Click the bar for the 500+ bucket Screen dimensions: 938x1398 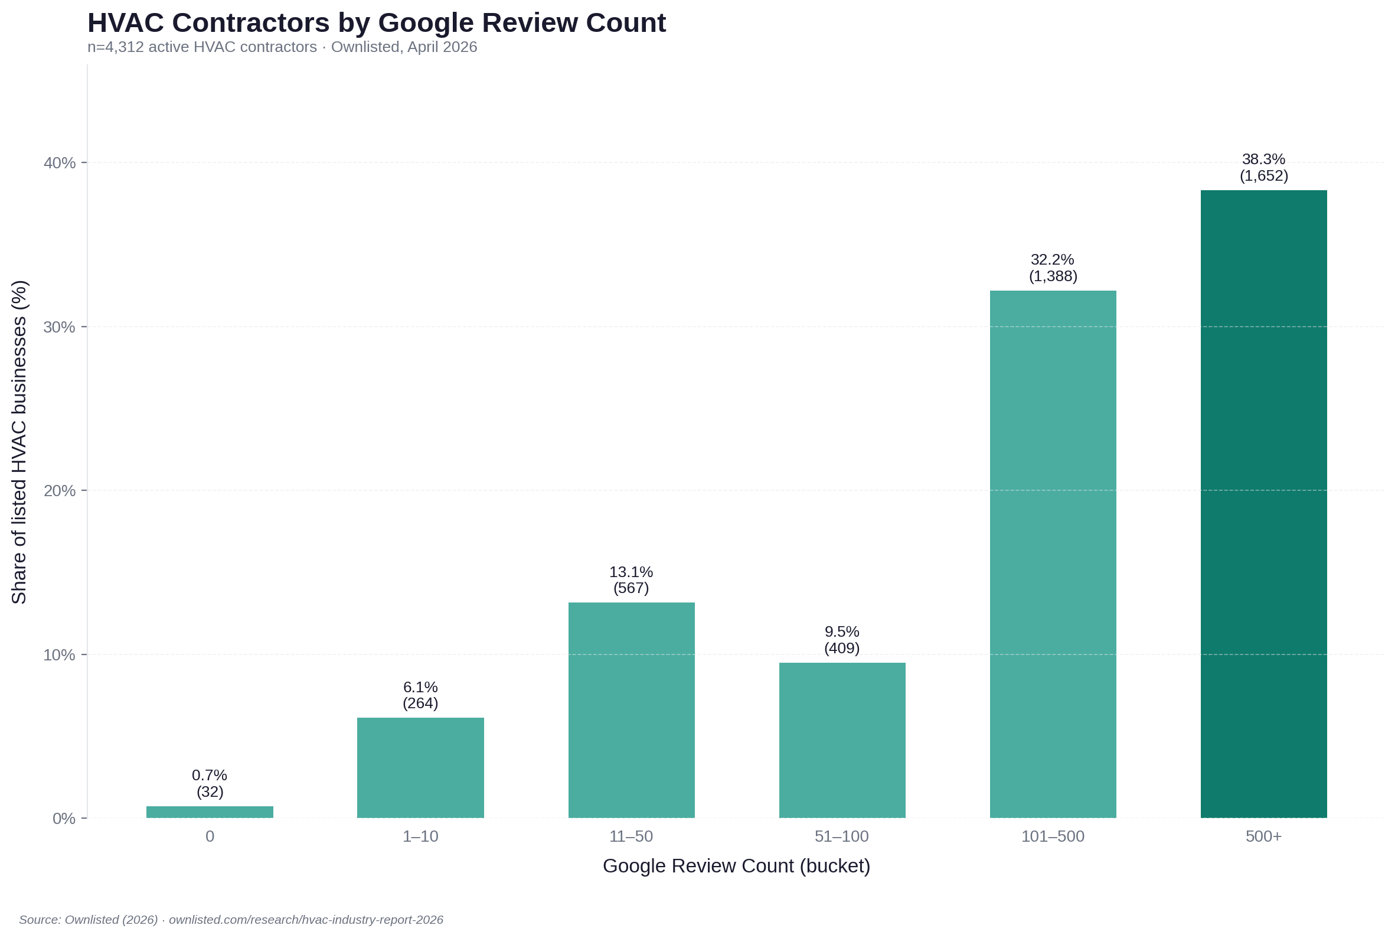[1263, 504]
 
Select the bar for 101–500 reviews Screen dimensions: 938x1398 [1053, 554]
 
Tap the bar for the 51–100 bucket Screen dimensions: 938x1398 [842, 740]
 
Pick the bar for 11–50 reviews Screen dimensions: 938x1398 [631, 710]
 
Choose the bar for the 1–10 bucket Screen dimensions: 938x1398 [420, 767]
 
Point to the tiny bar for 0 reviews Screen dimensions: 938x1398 [210, 812]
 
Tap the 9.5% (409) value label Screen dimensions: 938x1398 [842, 640]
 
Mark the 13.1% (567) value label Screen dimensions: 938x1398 [631, 580]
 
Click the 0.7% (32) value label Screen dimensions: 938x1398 [210, 784]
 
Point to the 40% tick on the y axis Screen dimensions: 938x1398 [59, 162]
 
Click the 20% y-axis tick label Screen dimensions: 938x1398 [59, 490]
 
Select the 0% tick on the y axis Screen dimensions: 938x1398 [64, 818]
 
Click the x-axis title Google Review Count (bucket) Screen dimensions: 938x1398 [736, 866]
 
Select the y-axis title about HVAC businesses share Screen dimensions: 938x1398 [19, 442]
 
